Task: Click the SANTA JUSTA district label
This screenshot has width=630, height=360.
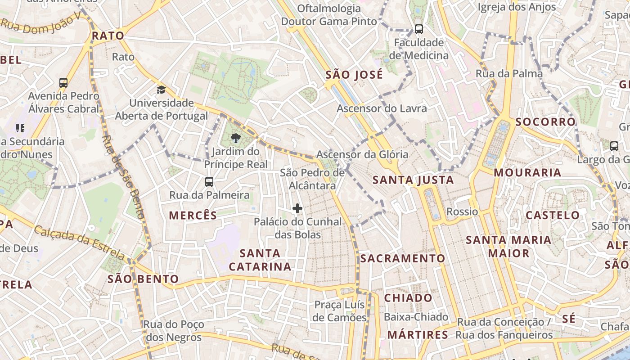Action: tap(413, 180)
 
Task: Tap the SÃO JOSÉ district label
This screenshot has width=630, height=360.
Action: tap(354, 75)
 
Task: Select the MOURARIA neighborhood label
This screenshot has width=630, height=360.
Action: tap(527, 172)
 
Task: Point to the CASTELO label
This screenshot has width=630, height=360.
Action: tap(553, 215)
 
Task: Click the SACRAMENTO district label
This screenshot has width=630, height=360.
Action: tap(402, 259)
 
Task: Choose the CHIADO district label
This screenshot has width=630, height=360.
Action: tap(408, 298)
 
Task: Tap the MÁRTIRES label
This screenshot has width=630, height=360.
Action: tap(418, 335)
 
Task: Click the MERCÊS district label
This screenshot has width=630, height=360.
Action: tap(193, 216)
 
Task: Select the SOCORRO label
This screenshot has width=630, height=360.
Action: tap(545, 122)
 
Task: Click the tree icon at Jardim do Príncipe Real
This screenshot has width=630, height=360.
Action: tap(235, 138)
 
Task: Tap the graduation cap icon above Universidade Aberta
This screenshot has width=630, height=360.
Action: tap(161, 90)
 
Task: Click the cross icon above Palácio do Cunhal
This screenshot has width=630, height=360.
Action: tap(297, 208)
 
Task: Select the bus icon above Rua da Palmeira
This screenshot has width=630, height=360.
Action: tap(209, 182)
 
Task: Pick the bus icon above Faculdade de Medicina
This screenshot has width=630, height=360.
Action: tap(419, 29)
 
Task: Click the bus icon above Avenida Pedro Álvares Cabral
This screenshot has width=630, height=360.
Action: tap(63, 83)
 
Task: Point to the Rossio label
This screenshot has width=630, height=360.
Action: tap(462, 211)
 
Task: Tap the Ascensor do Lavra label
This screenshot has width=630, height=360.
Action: tap(382, 108)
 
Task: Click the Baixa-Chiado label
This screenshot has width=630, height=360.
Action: tap(416, 317)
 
